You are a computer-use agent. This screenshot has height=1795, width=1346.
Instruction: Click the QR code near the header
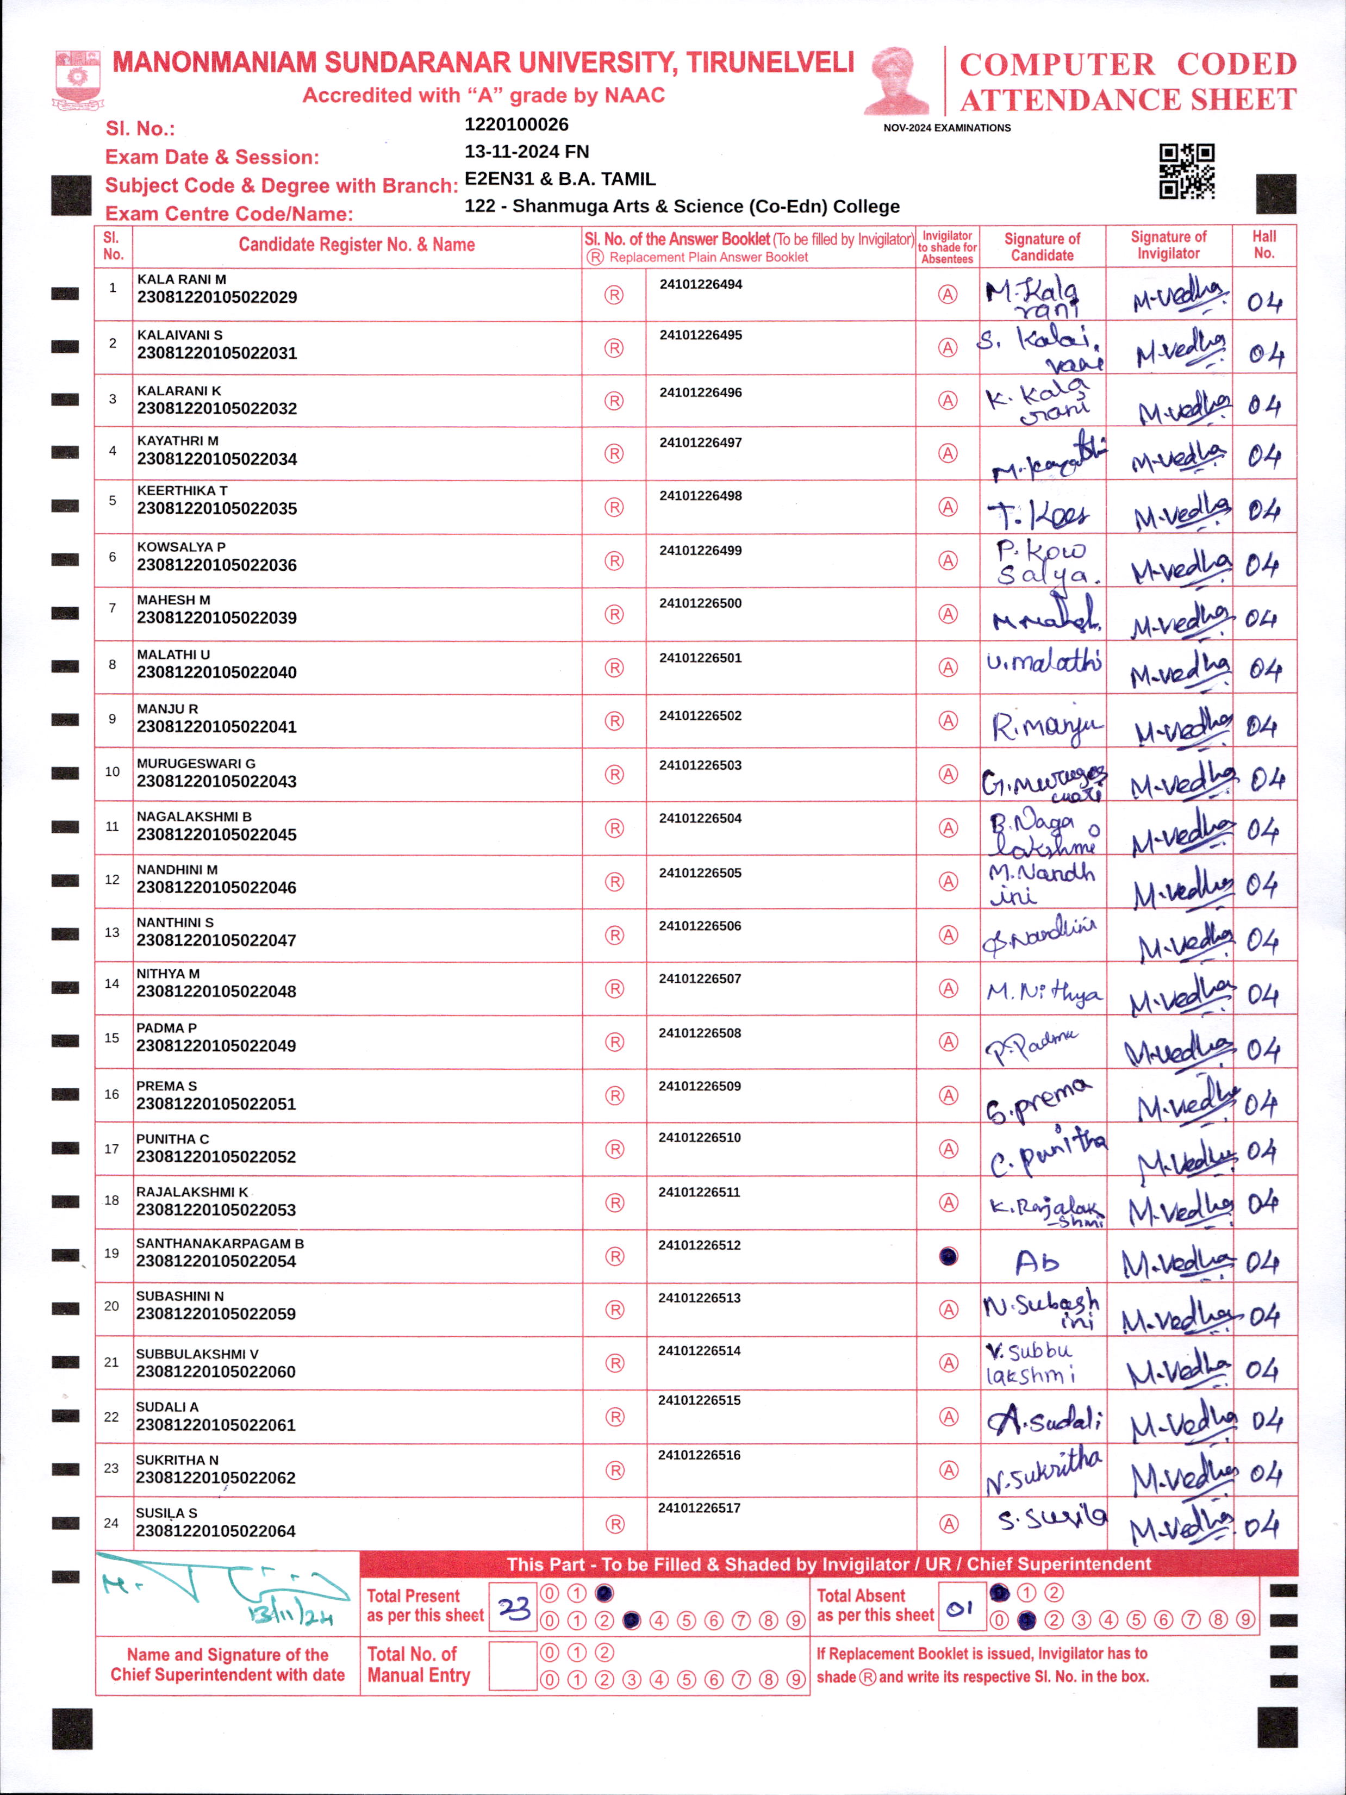click(1186, 171)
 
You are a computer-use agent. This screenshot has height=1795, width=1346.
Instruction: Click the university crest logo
click(77, 79)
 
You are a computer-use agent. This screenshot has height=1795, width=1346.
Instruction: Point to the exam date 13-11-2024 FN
click(527, 152)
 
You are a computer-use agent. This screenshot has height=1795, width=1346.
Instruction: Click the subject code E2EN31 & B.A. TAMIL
click(560, 179)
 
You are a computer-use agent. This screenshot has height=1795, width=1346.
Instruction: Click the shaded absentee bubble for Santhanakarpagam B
click(948, 1256)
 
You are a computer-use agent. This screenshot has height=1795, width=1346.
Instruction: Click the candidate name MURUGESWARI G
click(196, 764)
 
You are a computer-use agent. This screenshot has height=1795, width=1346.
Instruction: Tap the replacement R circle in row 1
click(614, 295)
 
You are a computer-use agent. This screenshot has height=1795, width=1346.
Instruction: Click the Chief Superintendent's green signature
click(223, 1591)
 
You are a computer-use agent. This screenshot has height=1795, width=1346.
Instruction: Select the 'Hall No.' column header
click(1263, 245)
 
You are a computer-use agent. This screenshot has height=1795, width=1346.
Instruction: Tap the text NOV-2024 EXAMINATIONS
click(947, 128)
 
